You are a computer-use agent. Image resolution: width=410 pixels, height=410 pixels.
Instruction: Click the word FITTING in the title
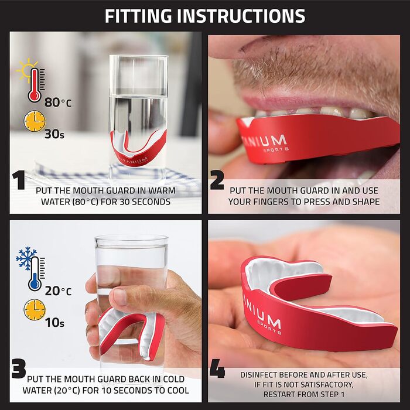138,16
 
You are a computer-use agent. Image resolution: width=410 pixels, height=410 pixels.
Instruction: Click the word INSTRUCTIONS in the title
241,16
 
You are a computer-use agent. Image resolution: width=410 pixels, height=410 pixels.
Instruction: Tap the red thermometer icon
35,85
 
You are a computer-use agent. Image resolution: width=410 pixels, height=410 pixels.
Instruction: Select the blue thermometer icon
35,274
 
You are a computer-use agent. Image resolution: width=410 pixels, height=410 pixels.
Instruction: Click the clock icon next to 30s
35,121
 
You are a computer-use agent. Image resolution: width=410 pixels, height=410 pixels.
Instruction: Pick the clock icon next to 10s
35,310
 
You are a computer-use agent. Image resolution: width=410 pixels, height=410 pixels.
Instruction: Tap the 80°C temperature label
58,102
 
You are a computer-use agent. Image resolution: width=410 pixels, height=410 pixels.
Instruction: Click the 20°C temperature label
58,291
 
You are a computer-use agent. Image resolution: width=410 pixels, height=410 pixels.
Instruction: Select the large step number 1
19,180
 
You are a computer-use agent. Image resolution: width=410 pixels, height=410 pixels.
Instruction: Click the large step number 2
217,180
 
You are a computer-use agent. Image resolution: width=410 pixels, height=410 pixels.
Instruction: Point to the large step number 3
19,368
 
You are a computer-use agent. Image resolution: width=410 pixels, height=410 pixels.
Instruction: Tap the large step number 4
217,368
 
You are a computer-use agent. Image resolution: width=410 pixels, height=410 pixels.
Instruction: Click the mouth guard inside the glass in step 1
138,149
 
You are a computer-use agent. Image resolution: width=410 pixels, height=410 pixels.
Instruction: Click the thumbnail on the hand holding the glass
121,298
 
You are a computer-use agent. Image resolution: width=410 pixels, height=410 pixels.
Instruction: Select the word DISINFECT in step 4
259,375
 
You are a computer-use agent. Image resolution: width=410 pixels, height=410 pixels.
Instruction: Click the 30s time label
54,134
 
